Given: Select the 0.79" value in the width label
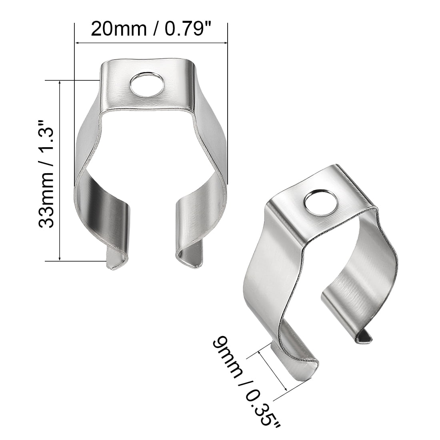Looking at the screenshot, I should (x=186, y=29).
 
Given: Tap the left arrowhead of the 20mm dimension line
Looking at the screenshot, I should (x=78, y=42).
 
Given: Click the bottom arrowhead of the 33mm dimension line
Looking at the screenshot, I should (x=60, y=258).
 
